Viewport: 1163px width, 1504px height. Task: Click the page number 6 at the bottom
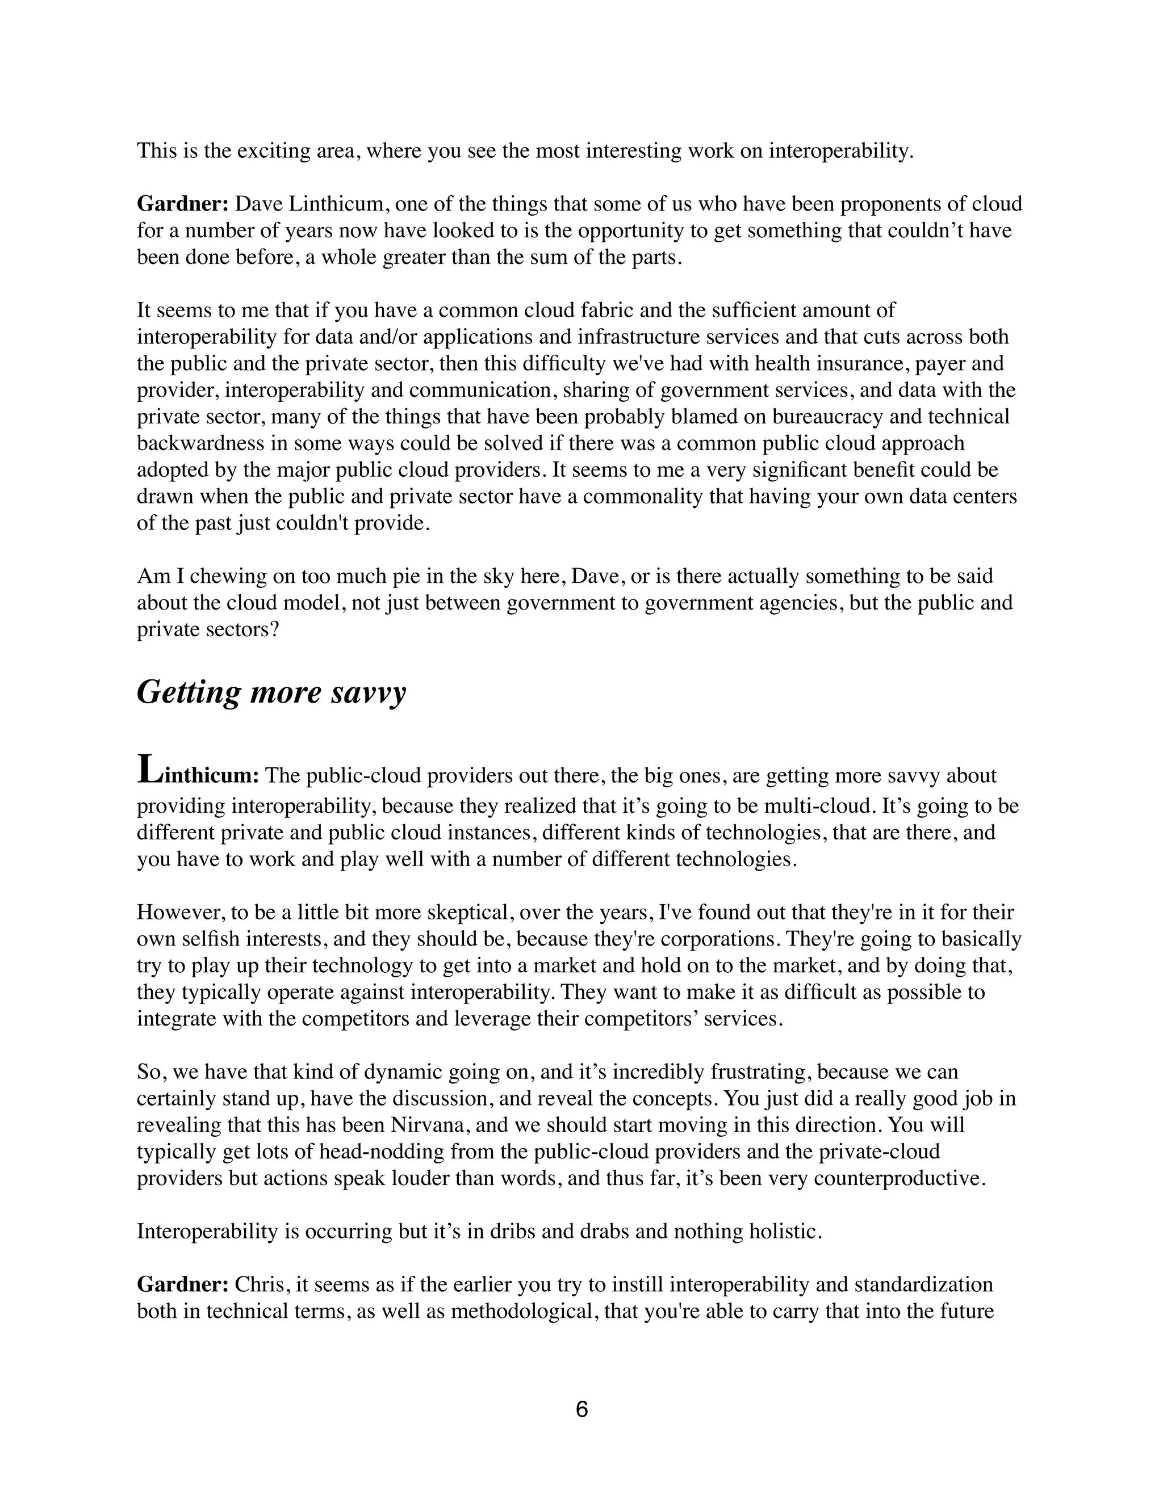point(581,1410)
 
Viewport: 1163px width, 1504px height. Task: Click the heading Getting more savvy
point(271,692)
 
